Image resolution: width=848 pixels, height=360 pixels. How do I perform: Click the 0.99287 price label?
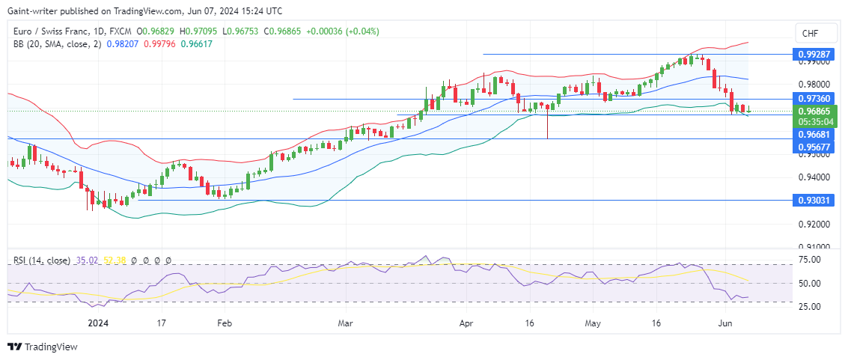814,55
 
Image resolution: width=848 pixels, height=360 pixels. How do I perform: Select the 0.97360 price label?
814,99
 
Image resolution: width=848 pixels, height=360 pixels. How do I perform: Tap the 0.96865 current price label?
814,111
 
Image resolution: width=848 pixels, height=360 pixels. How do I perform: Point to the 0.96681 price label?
814,134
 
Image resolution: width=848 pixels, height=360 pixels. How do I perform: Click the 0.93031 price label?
814,201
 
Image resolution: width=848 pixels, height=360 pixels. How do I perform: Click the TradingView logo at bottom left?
43,347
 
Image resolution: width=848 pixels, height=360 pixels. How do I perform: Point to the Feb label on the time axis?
225,324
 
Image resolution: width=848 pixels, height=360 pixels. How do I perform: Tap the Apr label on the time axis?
465,324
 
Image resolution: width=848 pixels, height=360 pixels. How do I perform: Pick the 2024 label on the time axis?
97,324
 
